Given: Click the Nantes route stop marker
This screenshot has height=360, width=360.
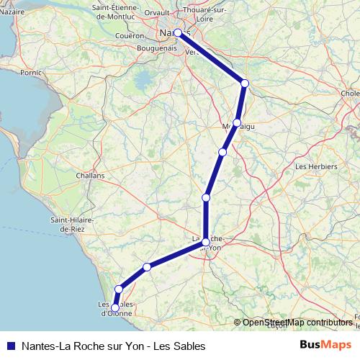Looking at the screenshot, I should coord(178,32).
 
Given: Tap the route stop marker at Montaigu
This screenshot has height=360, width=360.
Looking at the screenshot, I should coord(237,123).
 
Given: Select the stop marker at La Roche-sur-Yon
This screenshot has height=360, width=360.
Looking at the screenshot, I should coord(206,242).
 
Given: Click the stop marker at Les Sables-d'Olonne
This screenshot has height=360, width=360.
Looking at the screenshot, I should coord(114,308).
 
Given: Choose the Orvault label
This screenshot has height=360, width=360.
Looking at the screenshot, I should coord(158,12).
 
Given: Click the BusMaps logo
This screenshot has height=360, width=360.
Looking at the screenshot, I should coord(325,346).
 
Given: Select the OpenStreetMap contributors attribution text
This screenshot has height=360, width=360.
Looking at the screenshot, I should coord(297,323).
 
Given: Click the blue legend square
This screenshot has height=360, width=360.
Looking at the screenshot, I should coord(11,346).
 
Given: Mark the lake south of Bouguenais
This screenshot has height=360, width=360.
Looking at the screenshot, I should coord(146,77).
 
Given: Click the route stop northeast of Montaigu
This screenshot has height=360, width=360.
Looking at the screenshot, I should coord(245,84).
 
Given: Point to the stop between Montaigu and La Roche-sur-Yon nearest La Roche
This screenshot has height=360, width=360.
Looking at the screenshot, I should coord(207,197).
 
